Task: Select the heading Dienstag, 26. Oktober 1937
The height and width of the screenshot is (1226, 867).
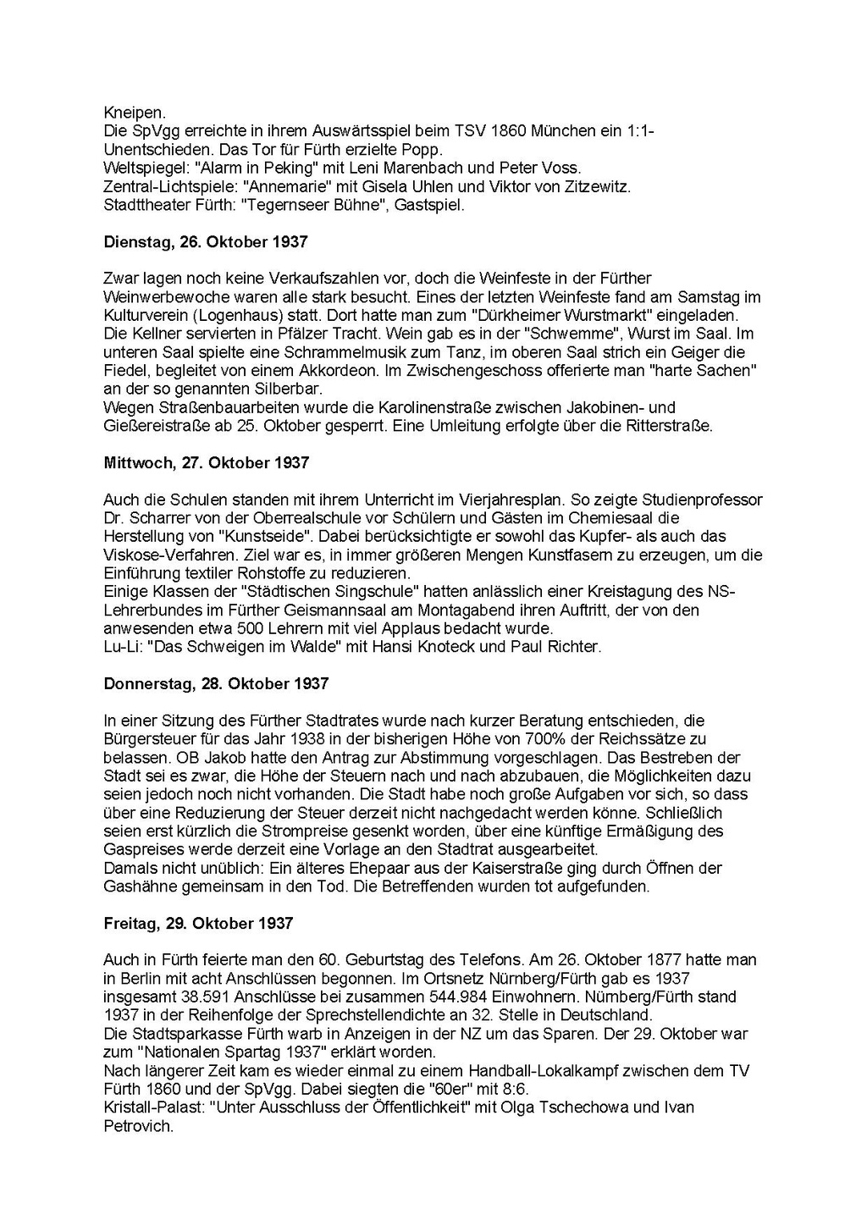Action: pos(206,242)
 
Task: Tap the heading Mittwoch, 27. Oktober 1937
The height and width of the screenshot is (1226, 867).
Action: pos(207,463)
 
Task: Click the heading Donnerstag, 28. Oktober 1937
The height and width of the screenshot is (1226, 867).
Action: pos(216,683)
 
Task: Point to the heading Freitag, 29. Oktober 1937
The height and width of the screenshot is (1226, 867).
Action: pos(198,923)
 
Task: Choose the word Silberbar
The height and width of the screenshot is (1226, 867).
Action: pos(290,389)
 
